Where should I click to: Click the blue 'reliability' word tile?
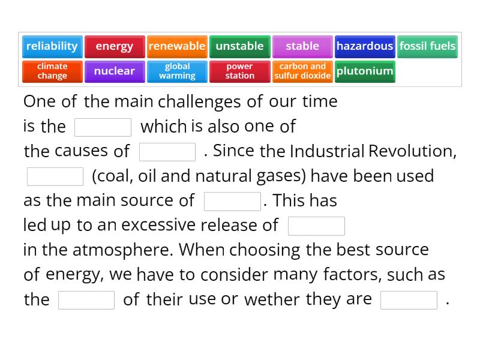(52, 46)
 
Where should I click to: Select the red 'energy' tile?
(115, 46)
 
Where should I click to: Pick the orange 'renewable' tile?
(177, 46)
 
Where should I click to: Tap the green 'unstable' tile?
(239, 46)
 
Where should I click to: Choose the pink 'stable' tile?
(302, 46)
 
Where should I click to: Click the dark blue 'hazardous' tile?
(365, 46)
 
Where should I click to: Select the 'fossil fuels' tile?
(427, 46)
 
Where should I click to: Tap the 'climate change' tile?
(52, 71)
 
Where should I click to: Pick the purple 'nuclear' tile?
(115, 71)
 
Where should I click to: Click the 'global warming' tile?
(177, 71)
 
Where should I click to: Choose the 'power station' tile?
(239, 71)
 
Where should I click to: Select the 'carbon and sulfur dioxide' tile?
(302, 71)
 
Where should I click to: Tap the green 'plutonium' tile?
(365, 71)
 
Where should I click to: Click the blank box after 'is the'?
(103, 127)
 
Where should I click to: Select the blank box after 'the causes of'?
(167, 152)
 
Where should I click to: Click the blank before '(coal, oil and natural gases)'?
(55, 176)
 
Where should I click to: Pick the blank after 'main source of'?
(232, 202)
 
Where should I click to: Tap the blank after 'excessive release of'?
(316, 226)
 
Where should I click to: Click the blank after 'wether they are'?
(409, 300)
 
